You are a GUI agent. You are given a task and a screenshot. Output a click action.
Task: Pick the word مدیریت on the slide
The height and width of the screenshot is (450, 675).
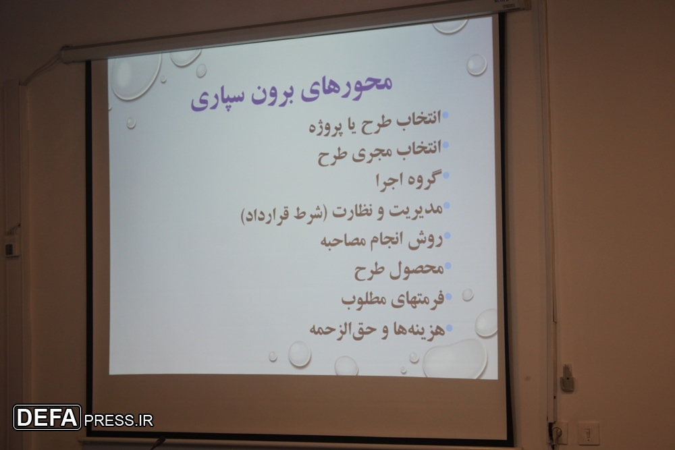click(416, 210)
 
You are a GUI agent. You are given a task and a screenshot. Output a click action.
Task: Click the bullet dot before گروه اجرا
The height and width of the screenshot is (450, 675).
click(446, 175)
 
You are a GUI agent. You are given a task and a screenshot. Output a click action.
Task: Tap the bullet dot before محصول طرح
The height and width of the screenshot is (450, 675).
click(448, 266)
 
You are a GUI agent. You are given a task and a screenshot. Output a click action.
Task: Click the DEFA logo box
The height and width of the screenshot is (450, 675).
click(47, 418)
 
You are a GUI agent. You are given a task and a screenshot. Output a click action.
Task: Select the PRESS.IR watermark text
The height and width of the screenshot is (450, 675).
click(118, 420)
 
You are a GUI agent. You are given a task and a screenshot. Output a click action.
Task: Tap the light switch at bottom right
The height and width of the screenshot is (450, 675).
click(588, 432)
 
